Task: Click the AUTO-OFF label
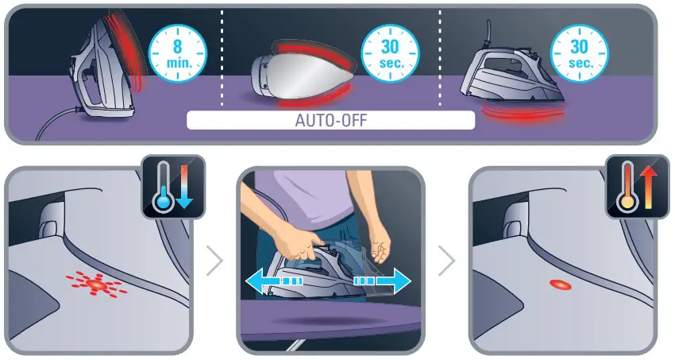pyautogui.click(x=330, y=122)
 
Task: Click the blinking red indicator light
pyautogui.click(x=94, y=283)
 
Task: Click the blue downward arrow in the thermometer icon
pyautogui.click(x=185, y=186)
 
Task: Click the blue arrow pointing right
pyautogui.click(x=383, y=281)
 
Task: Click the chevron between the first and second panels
pyautogui.click(x=214, y=261)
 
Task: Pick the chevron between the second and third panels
pyautogui.click(x=448, y=261)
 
